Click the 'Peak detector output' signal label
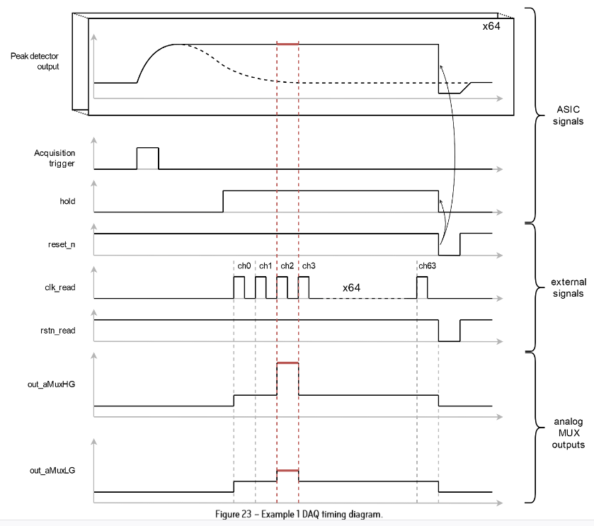(35, 61)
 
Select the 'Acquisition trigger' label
(55, 158)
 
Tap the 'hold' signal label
(68, 202)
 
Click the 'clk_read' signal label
(60, 287)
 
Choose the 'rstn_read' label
(59, 330)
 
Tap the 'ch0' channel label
(244, 266)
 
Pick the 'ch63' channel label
(427, 266)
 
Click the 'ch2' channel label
(287, 266)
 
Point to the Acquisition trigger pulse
(147, 158)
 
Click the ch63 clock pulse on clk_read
(422, 287)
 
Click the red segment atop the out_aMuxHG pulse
(287, 362)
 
